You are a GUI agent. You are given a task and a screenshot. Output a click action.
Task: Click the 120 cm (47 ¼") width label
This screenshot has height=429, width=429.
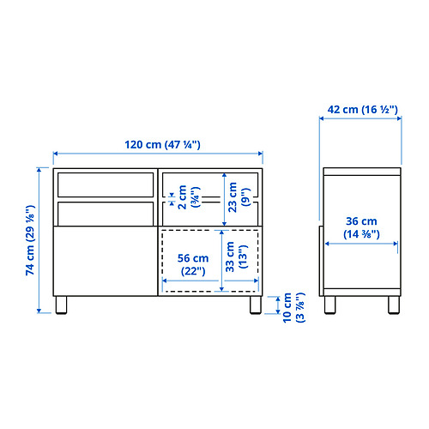pos(162,144)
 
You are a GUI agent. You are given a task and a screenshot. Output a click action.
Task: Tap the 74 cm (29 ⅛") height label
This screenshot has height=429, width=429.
pos(30,240)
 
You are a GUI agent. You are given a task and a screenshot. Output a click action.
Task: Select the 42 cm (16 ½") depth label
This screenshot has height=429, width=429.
pos(363,109)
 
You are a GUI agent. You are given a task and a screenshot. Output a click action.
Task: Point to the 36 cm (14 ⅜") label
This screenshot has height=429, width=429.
pos(361,227)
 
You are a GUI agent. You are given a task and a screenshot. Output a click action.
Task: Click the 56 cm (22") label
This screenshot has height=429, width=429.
pos(193,264)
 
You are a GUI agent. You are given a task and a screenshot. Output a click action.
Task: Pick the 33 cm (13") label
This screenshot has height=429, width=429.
pos(236,257)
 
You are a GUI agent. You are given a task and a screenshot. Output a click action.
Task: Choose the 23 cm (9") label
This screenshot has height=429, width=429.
pos(239,197)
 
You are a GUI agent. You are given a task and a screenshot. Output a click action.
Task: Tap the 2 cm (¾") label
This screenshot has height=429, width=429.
pos(189,197)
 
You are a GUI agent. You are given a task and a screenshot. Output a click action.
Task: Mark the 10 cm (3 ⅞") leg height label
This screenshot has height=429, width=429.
pos(293,308)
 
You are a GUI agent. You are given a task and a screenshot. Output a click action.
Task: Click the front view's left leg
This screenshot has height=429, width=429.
pos(61,305)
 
